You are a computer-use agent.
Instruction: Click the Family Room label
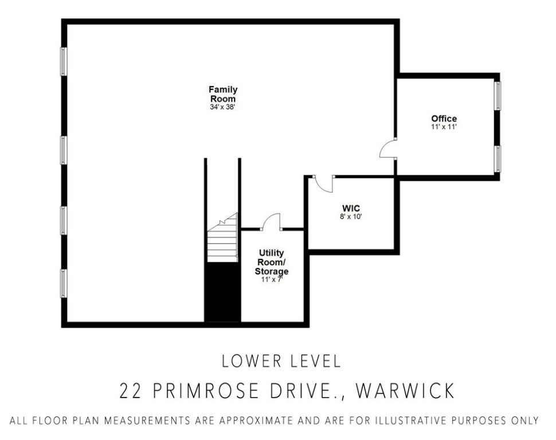pyautogui.click(x=222, y=94)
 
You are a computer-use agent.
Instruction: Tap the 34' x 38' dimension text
pyautogui.click(x=222, y=107)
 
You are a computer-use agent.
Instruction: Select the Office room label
pyautogui.click(x=444, y=119)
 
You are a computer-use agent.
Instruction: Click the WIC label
pyautogui.click(x=351, y=208)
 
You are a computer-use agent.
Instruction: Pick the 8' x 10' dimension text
pyautogui.click(x=351, y=217)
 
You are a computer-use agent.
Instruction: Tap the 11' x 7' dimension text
pyautogui.click(x=272, y=280)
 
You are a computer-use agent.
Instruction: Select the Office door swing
pyautogui.click(x=388, y=150)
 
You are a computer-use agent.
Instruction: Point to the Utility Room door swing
pyautogui.click(x=271, y=222)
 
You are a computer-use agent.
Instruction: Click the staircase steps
pyautogui.click(x=223, y=241)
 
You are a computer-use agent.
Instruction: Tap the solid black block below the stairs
pyautogui.click(x=223, y=292)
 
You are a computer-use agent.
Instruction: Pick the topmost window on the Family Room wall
pyautogui.click(x=64, y=61)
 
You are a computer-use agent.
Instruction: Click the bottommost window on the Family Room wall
pyautogui.click(x=64, y=283)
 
